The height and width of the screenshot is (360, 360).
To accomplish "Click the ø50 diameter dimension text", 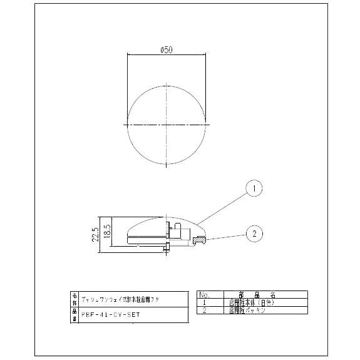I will point(167,50).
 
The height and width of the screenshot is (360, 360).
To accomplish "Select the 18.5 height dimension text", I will point(108,229).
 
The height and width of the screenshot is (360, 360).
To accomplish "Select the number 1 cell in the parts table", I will point(205,302).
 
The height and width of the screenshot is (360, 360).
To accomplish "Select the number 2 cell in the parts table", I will point(205,309).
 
